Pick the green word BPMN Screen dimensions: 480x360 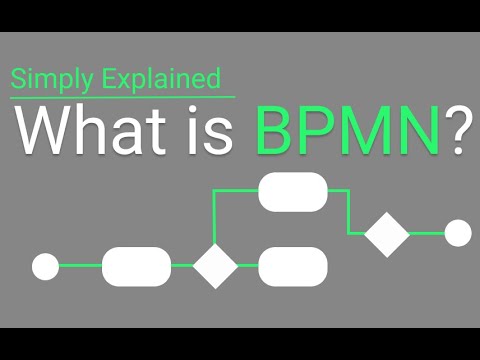[x=346, y=133]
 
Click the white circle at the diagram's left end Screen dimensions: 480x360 [x=46, y=266]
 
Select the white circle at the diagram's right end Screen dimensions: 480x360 [x=457, y=233]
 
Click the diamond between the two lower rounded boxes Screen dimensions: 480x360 [x=215, y=266]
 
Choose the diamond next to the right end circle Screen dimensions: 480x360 [x=387, y=234]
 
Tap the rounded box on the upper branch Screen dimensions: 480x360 [x=293, y=192]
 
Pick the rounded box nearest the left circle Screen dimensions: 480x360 [x=136, y=266]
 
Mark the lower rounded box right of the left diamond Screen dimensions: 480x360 [x=293, y=266]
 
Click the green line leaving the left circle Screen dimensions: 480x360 [x=80, y=266]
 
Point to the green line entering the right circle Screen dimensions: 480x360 [x=427, y=233]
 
